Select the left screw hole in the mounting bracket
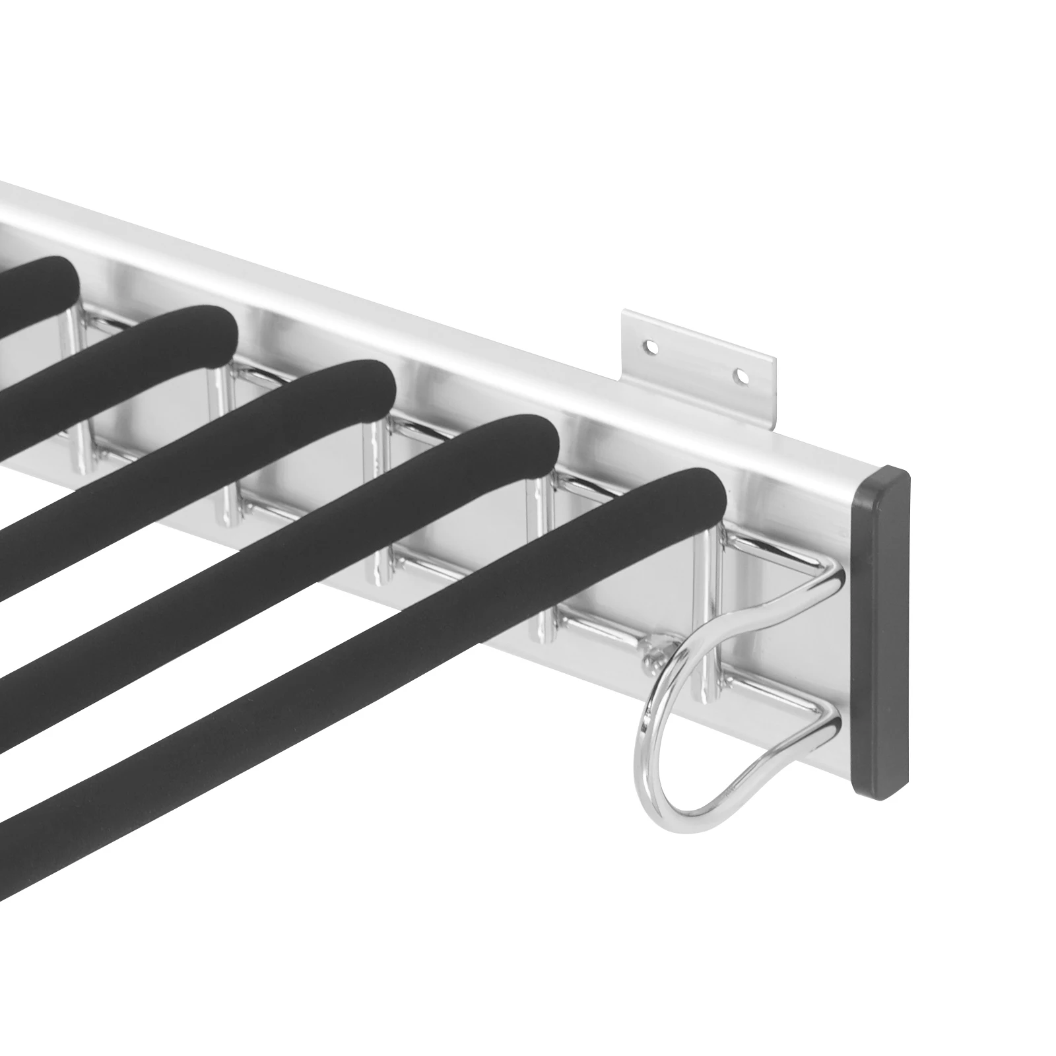(x=651, y=345)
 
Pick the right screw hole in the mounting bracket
(x=743, y=377)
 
